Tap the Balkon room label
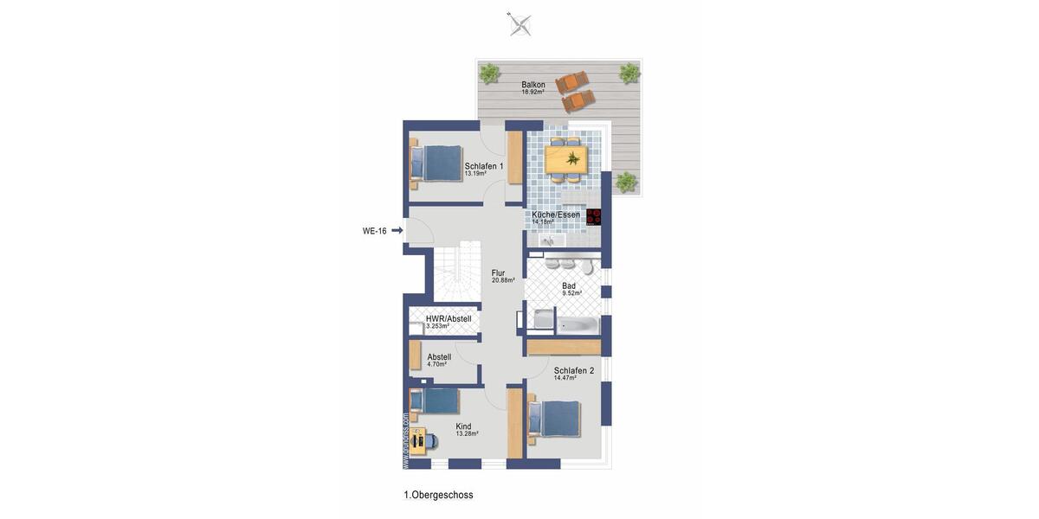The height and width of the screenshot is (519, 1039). [533, 85]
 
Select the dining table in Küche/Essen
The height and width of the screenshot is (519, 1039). [566, 158]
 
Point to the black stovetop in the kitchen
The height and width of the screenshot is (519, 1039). [594, 217]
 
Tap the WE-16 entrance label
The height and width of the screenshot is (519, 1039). [374, 231]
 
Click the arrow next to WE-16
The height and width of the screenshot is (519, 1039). [397, 230]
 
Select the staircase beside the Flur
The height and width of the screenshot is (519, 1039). [455, 272]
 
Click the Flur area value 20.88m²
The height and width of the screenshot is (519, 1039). [503, 280]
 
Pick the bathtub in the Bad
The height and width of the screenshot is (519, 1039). [577, 326]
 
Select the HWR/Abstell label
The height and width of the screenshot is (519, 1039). [449, 318]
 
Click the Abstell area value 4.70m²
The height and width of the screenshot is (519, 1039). [437, 364]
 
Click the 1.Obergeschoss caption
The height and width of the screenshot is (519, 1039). [438, 495]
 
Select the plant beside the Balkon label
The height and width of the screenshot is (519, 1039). [490, 73]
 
